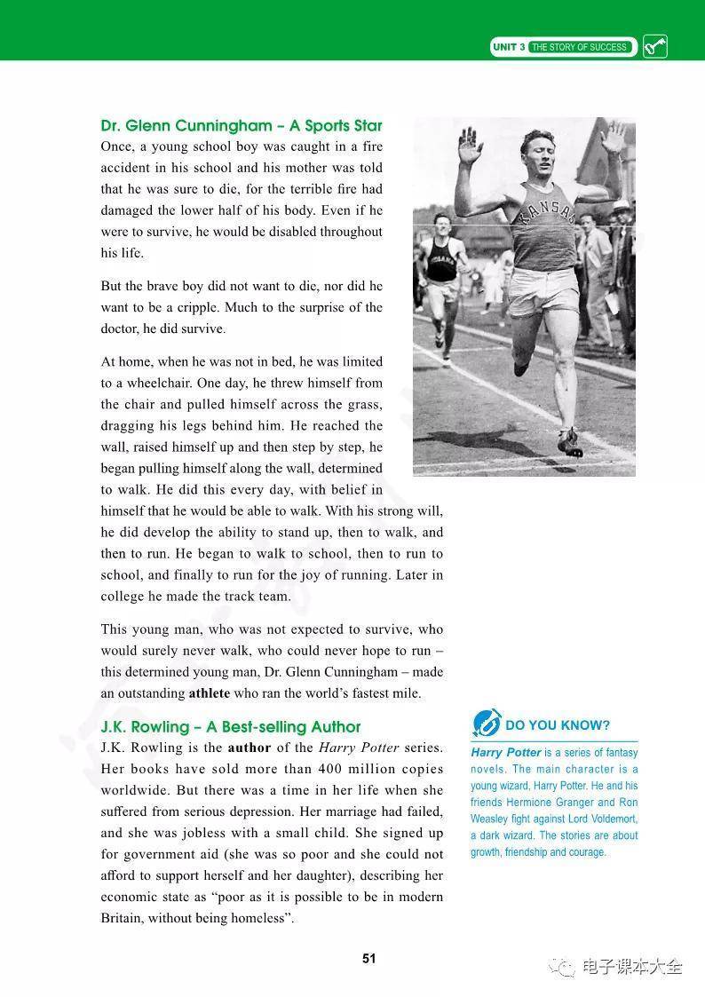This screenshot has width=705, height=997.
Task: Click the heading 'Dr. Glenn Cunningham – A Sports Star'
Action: click(242, 125)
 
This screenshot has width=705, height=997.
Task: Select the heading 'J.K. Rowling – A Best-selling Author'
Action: click(231, 727)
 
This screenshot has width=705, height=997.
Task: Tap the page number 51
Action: click(369, 959)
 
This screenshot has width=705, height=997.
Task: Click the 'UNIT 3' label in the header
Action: click(510, 47)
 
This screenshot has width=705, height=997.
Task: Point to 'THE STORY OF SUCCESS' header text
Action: click(579, 47)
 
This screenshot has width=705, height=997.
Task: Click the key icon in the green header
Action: click(654, 46)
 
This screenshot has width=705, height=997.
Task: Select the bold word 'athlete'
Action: click(210, 693)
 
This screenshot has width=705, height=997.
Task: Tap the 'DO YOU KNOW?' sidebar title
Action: click(558, 725)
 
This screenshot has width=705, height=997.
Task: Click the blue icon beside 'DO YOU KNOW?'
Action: click(486, 723)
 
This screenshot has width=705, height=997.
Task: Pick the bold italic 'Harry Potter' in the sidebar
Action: click(506, 753)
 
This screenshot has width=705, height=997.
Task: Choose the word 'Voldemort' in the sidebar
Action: click(609, 819)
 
